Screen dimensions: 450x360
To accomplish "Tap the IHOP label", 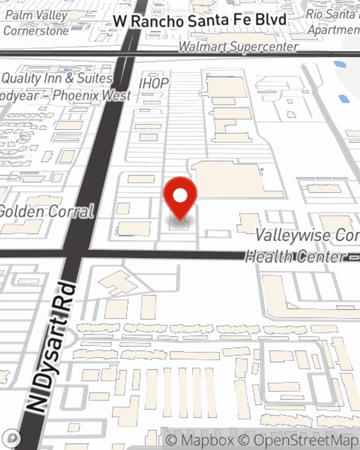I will click(154, 83).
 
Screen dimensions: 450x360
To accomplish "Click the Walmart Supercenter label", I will click(238, 46).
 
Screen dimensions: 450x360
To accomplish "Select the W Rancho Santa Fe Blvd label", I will click(200, 20).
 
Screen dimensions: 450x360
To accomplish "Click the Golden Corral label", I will click(47, 211).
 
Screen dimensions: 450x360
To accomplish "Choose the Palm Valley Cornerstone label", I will click(36, 23).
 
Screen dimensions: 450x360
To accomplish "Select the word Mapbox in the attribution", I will click(207, 440).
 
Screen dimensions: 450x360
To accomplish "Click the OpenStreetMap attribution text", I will click(306, 440).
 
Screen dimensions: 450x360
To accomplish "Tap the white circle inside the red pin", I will click(180, 195).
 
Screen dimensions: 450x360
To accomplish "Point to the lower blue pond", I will click(344, 98).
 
